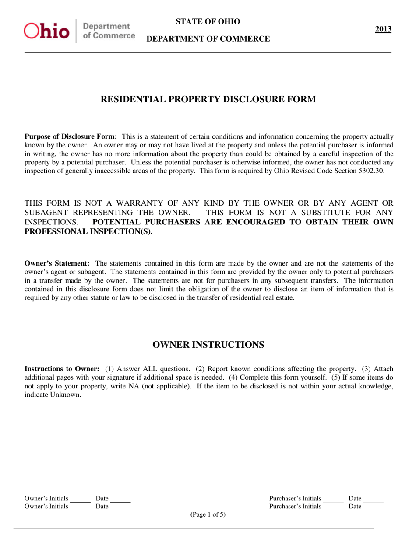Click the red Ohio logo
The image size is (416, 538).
(x=47, y=31)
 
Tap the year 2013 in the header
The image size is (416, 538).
(x=383, y=29)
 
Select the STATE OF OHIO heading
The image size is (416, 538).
(x=208, y=22)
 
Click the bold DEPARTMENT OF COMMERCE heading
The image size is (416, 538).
(x=208, y=39)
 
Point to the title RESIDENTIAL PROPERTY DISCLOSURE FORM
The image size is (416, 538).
(x=208, y=99)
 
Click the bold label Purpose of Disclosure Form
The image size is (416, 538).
(x=71, y=136)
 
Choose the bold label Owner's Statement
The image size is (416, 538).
(x=57, y=263)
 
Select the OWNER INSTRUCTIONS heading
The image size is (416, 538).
(x=208, y=345)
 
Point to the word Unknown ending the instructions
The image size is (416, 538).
(x=67, y=394)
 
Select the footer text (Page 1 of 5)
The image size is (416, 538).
(x=208, y=514)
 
